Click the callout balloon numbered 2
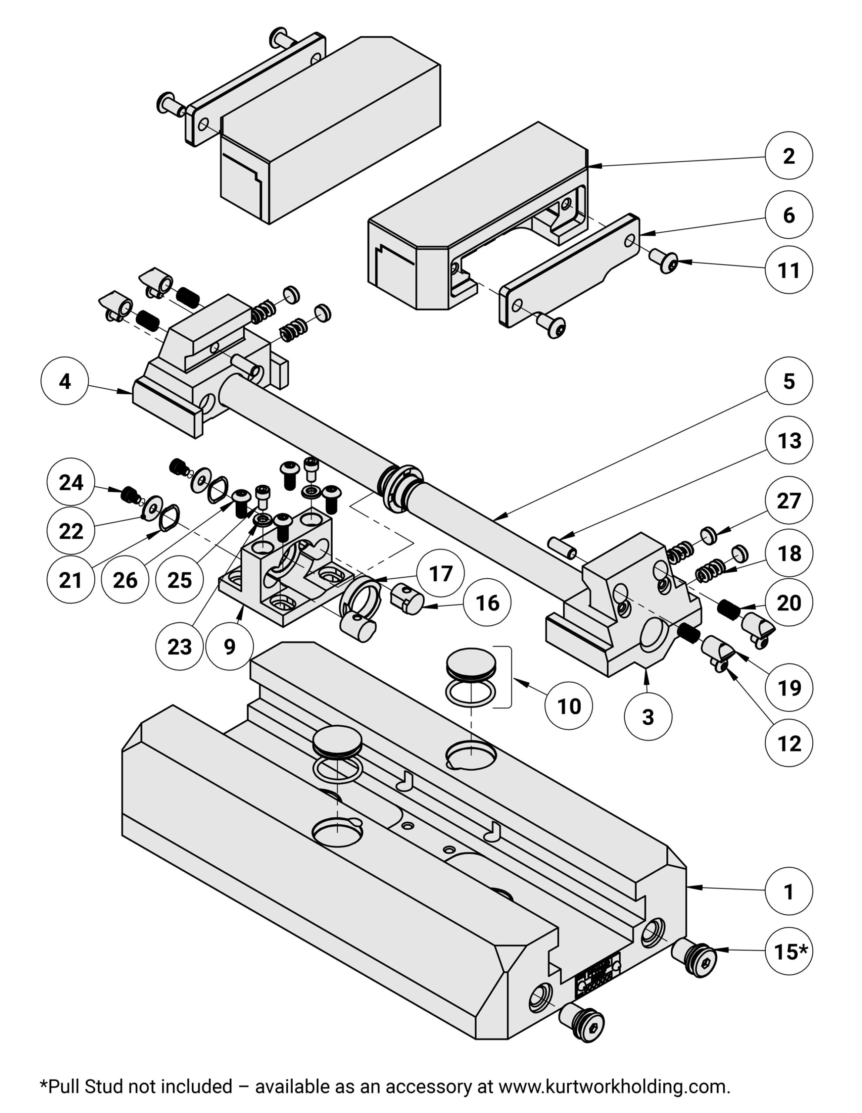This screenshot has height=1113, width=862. [788, 156]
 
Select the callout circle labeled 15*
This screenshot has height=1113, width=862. [789, 951]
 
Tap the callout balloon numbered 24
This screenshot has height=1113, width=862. [70, 482]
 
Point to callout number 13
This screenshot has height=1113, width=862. [789, 440]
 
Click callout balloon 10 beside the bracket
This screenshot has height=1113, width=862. [569, 706]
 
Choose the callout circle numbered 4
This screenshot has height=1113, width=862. [65, 381]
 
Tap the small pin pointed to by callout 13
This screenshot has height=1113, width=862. [562, 547]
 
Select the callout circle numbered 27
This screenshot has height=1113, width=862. [789, 500]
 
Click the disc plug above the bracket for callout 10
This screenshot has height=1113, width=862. [471, 663]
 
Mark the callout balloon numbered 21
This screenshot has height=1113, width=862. [70, 580]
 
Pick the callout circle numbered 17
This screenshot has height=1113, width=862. [441, 573]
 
